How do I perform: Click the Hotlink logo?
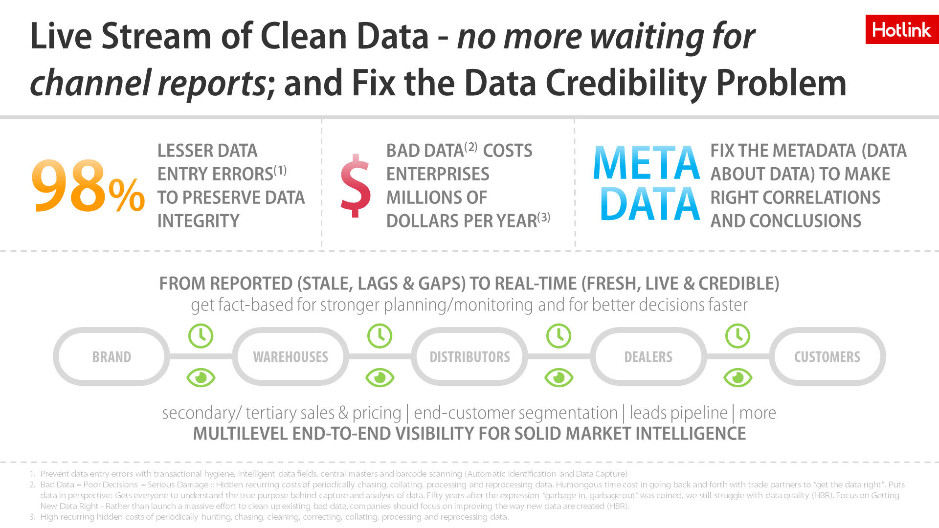click(902, 29)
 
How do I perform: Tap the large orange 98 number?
click(68, 186)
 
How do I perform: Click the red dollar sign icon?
click(356, 185)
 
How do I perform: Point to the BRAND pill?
click(112, 356)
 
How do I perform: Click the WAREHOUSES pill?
click(291, 356)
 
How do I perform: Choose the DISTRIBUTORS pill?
click(469, 356)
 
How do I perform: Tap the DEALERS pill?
click(648, 356)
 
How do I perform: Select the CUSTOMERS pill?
click(827, 356)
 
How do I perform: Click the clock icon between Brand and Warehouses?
click(201, 336)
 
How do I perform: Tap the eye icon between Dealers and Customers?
click(738, 377)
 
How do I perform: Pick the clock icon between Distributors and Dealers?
click(559, 336)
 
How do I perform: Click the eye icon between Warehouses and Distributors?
click(380, 377)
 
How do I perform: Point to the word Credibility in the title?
click(626, 83)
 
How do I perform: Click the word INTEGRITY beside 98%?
click(198, 221)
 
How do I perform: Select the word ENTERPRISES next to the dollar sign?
click(438, 174)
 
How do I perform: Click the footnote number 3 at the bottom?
click(32, 517)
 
